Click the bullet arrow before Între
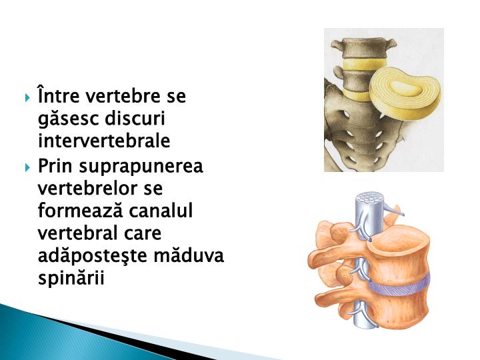pyautogui.click(x=27, y=98)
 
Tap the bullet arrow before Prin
pyautogui.click(x=27, y=166)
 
